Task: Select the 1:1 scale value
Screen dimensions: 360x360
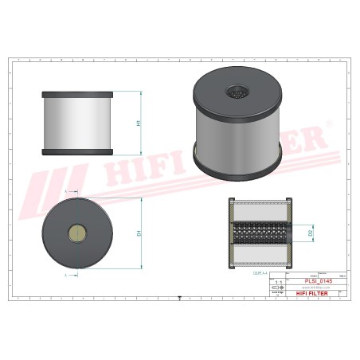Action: click(278, 281)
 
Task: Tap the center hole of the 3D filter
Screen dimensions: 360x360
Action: click(239, 90)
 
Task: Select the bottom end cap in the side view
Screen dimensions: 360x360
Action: click(78, 152)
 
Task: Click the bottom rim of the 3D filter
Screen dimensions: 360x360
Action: click(239, 166)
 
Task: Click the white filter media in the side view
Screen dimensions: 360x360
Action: click(78, 123)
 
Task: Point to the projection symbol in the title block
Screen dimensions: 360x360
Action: click(278, 288)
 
